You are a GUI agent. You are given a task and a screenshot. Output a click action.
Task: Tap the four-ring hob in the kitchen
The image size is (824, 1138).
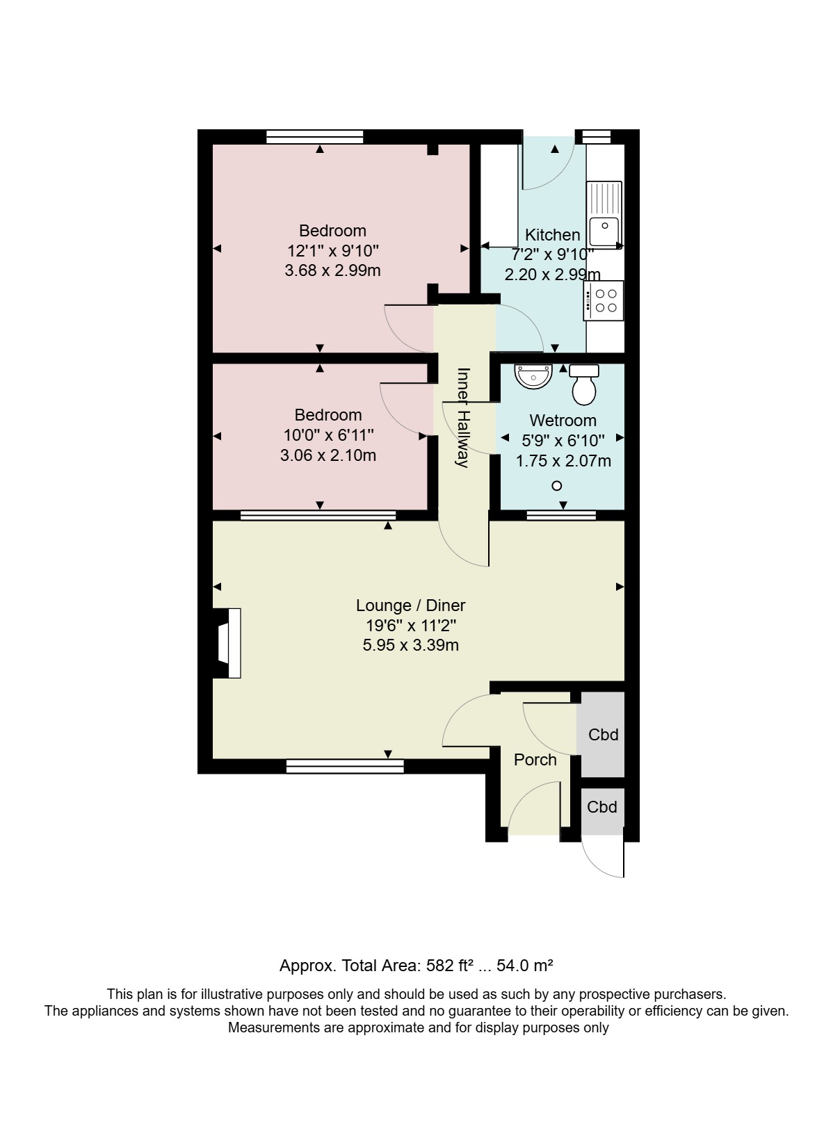tap(604, 301)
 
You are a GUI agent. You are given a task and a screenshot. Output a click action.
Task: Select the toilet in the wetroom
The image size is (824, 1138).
tap(584, 384)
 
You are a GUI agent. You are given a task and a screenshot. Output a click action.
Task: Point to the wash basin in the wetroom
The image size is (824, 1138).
tap(533, 377)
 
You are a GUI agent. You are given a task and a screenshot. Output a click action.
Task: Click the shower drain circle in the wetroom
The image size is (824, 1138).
tap(557, 486)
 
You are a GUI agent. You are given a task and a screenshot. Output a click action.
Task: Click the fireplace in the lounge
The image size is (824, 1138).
tap(227, 643)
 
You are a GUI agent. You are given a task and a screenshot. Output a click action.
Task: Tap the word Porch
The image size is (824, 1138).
tap(535, 760)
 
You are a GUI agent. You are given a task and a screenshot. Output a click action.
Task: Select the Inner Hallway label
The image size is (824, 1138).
tap(463, 418)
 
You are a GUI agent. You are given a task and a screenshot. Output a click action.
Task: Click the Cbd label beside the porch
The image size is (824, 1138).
tap(603, 735)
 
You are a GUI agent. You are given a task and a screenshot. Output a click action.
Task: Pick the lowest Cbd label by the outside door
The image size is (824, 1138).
tap(602, 807)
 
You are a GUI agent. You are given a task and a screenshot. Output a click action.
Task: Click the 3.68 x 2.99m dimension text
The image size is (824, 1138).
tap(333, 270)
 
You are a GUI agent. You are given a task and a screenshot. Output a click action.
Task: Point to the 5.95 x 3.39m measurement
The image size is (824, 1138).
tap(410, 645)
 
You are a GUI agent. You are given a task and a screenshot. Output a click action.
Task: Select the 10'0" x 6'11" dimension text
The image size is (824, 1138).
tap(329, 435)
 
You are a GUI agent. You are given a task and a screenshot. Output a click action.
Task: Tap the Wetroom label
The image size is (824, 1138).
tap(563, 421)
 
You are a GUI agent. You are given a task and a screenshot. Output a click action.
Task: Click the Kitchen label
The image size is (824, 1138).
tap(552, 235)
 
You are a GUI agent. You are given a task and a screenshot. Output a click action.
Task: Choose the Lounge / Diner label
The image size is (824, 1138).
tap(410, 605)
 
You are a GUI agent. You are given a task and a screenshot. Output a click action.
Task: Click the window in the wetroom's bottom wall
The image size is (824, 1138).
tap(561, 516)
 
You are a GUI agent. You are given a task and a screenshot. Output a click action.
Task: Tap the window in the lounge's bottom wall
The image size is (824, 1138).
tap(345, 766)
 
